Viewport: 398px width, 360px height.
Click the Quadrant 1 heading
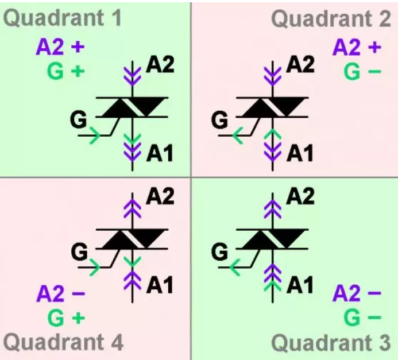[63, 18]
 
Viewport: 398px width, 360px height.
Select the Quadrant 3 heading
[331, 343]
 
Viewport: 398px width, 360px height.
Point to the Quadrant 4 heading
[63, 343]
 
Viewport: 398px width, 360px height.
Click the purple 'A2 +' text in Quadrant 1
[60, 48]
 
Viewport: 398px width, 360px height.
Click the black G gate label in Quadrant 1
[78, 120]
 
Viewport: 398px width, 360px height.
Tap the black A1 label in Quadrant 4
[160, 284]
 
